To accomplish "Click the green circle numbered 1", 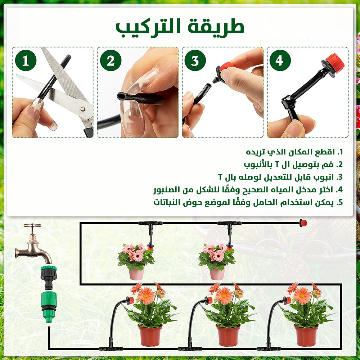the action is (x=26, y=60).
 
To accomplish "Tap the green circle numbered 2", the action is (x=111, y=60).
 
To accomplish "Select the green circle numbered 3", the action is (x=195, y=60).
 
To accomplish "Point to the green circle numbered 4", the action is (x=280, y=60).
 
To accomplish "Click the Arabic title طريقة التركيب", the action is (x=180, y=28).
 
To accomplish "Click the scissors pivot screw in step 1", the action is (x=82, y=108).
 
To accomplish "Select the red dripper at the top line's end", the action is (x=303, y=223).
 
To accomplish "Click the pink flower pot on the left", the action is (x=136, y=273).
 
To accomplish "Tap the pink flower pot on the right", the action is (x=217, y=273).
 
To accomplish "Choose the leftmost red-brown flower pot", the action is (x=150, y=336).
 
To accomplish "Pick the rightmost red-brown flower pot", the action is (x=306, y=336).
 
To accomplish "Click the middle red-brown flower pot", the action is (x=228, y=336).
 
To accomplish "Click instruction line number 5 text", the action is (x=248, y=202).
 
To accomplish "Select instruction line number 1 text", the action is (x=294, y=152).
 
